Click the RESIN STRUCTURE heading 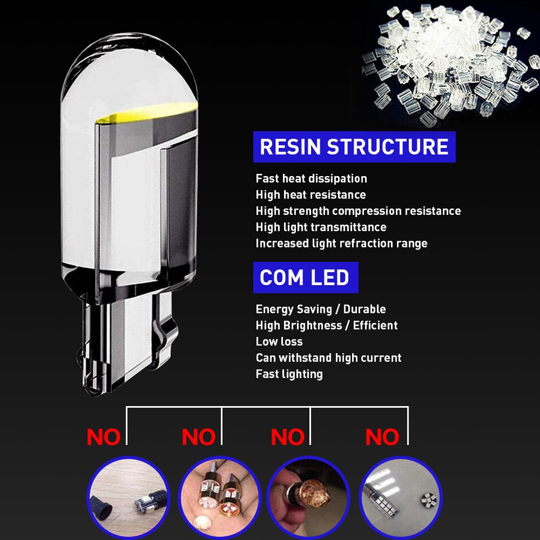pos(354,147)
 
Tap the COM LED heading pos(305,277)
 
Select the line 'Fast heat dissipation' pos(311,179)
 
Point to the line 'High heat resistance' pos(310,195)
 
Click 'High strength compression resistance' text pos(358,211)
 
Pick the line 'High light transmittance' pos(321,228)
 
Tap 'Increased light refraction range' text pos(341,244)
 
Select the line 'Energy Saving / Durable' pos(321,309)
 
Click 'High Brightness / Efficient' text pos(326,326)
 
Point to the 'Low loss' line pos(279,342)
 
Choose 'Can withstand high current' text pos(328,358)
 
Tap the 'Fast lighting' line pos(289,374)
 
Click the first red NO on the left pos(103,437)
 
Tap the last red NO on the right pos(382,437)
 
